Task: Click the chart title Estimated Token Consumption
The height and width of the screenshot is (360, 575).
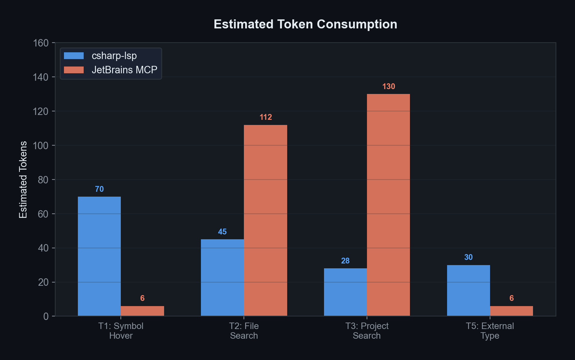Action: click(x=305, y=25)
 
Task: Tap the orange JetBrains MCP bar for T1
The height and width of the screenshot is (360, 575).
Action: click(x=142, y=311)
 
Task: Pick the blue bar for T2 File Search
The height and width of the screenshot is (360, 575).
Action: click(x=222, y=277)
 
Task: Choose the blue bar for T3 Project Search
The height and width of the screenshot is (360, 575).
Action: click(x=345, y=292)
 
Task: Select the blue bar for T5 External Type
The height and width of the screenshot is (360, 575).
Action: click(x=468, y=290)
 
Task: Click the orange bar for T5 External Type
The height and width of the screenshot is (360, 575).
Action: click(x=511, y=311)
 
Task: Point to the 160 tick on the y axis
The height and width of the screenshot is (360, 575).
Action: click(x=41, y=43)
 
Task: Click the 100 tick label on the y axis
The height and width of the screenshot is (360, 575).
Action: click(x=41, y=146)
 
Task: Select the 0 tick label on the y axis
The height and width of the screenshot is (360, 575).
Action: click(x=46, y=316)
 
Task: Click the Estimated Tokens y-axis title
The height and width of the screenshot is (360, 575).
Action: click(x=23, y=180)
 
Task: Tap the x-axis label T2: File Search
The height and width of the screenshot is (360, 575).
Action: click(x=244, y=331)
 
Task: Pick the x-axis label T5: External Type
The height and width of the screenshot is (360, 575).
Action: click(x=490, y=331)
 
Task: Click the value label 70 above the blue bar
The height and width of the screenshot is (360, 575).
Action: click(x=99, y=189)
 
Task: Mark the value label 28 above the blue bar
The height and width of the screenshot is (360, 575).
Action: click(x=345, y=261)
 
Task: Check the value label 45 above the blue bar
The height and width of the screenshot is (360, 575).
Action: click(x=222, y=232)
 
